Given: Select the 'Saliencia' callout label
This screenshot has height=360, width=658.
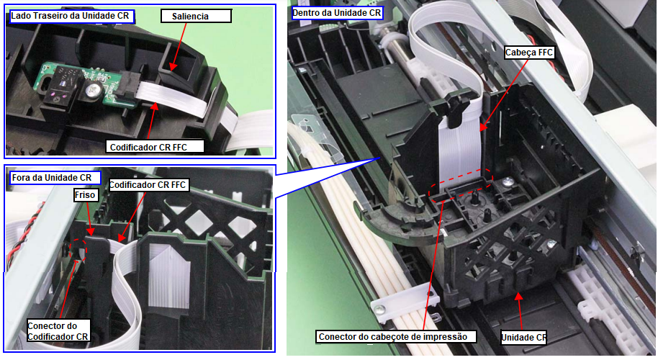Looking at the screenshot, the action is (196, 17).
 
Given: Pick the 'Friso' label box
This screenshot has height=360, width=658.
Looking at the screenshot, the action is (85, 195).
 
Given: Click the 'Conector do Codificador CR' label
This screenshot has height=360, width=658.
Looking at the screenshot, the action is (58, 331).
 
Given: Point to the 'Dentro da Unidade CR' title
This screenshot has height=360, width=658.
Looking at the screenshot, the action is (336, 13).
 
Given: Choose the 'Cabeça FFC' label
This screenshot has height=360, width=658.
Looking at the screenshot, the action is (529, 53).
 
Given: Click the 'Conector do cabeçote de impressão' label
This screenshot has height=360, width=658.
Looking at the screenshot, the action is (396, 336).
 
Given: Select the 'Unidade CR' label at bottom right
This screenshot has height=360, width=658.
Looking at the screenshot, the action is (523, 338).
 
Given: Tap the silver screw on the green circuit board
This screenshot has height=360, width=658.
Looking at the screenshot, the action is (93, 90).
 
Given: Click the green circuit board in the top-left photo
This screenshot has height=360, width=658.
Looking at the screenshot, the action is (84, 84).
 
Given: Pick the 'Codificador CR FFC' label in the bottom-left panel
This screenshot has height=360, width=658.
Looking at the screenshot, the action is (148, 185).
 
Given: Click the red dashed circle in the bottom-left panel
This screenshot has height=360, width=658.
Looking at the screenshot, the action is (78, 250).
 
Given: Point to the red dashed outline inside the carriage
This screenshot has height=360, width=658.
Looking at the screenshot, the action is (460, 184).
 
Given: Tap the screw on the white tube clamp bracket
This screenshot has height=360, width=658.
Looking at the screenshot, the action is (381, 310).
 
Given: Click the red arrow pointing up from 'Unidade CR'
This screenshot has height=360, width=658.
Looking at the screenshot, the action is (520, 311).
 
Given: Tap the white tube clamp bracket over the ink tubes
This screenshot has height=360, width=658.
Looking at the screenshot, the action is (405, 302).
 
